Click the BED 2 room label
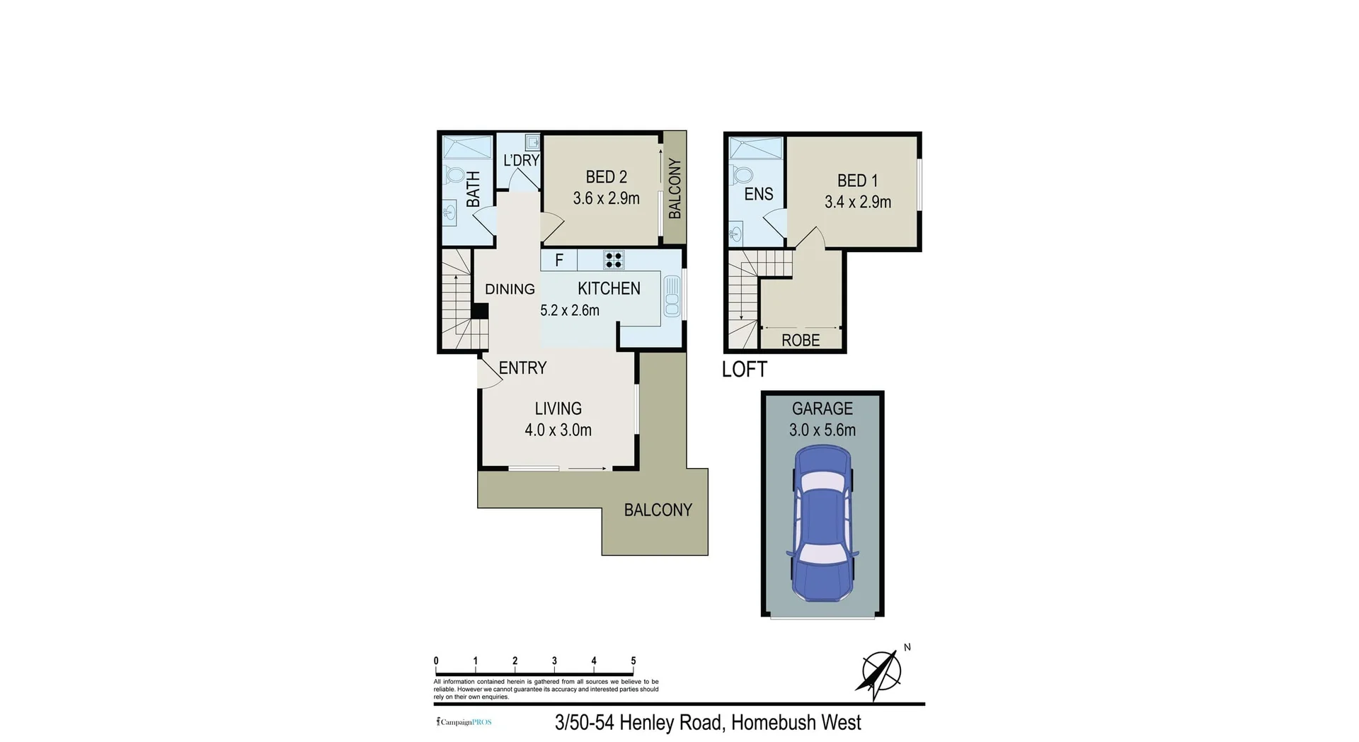coord(606,177)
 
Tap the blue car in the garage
coord(822,523)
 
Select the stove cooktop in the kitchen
coord(614,260)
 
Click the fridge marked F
coord(558,261)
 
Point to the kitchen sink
coord(671,297)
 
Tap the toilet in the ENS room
coord(740,173)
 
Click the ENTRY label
coord(522,368)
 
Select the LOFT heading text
coord(744,370)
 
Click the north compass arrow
coord(880,673)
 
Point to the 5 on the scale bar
coord(633,661)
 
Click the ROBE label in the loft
coord(801,341)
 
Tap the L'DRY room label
coord(521,161)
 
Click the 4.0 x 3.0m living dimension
coord(558,430)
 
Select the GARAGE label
coord(822,409)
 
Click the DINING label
coord(510,289)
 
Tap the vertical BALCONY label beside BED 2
coord(675,188)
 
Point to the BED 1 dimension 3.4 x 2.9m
coord(857,202)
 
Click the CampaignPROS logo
coord(464,722)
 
